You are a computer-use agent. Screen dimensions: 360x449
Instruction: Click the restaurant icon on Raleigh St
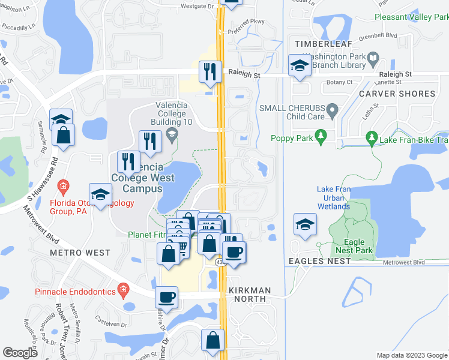pos(210,71)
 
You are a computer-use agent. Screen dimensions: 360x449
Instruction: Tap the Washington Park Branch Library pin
pos(373,59)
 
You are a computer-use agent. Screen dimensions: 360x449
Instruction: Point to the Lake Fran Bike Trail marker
pos(372,139)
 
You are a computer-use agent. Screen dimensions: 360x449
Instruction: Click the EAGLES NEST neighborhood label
pos(319,261)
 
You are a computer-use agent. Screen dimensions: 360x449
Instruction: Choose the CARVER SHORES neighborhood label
pos(397,94)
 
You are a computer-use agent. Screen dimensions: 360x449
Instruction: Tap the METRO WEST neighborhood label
pos(80,253)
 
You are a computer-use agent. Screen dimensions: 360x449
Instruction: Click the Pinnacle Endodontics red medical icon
pos(123,290)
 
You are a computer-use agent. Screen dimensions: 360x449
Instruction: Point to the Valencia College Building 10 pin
pos(173,133)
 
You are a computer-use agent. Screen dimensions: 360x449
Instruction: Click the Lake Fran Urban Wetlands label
pos(333,198)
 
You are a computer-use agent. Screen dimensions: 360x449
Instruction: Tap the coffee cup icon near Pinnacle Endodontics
pos(166,296)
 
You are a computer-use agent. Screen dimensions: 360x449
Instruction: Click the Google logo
pos(20,353)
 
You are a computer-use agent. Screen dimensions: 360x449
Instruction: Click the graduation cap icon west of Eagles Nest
pos(305,224)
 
